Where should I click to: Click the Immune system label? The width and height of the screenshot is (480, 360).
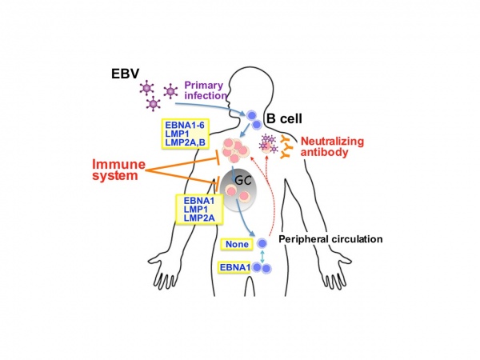122,169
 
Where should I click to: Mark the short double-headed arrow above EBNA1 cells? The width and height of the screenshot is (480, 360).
262,254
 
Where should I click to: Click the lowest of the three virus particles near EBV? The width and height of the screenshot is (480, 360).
151,105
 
